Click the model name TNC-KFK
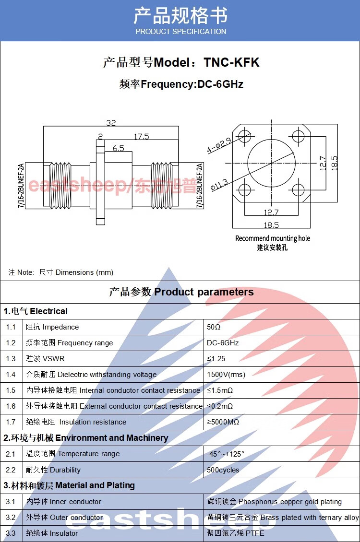click(231, 62)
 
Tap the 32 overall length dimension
click(111, 123)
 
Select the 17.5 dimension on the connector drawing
click(141, 137)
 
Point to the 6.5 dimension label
click(118, 148)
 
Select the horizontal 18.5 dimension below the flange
click(271, 225)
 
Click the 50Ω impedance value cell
click(214, 327)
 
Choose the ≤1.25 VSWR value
click(216, 359)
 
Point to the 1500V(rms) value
click(226, 375)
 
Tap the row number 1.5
click(11, 390)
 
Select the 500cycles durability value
click(223, 470)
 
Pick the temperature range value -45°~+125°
click(226, 454)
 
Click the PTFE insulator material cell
click(235, 533)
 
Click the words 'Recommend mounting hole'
click(273, 238)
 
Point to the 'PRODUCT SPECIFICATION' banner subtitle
click(180, 32)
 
